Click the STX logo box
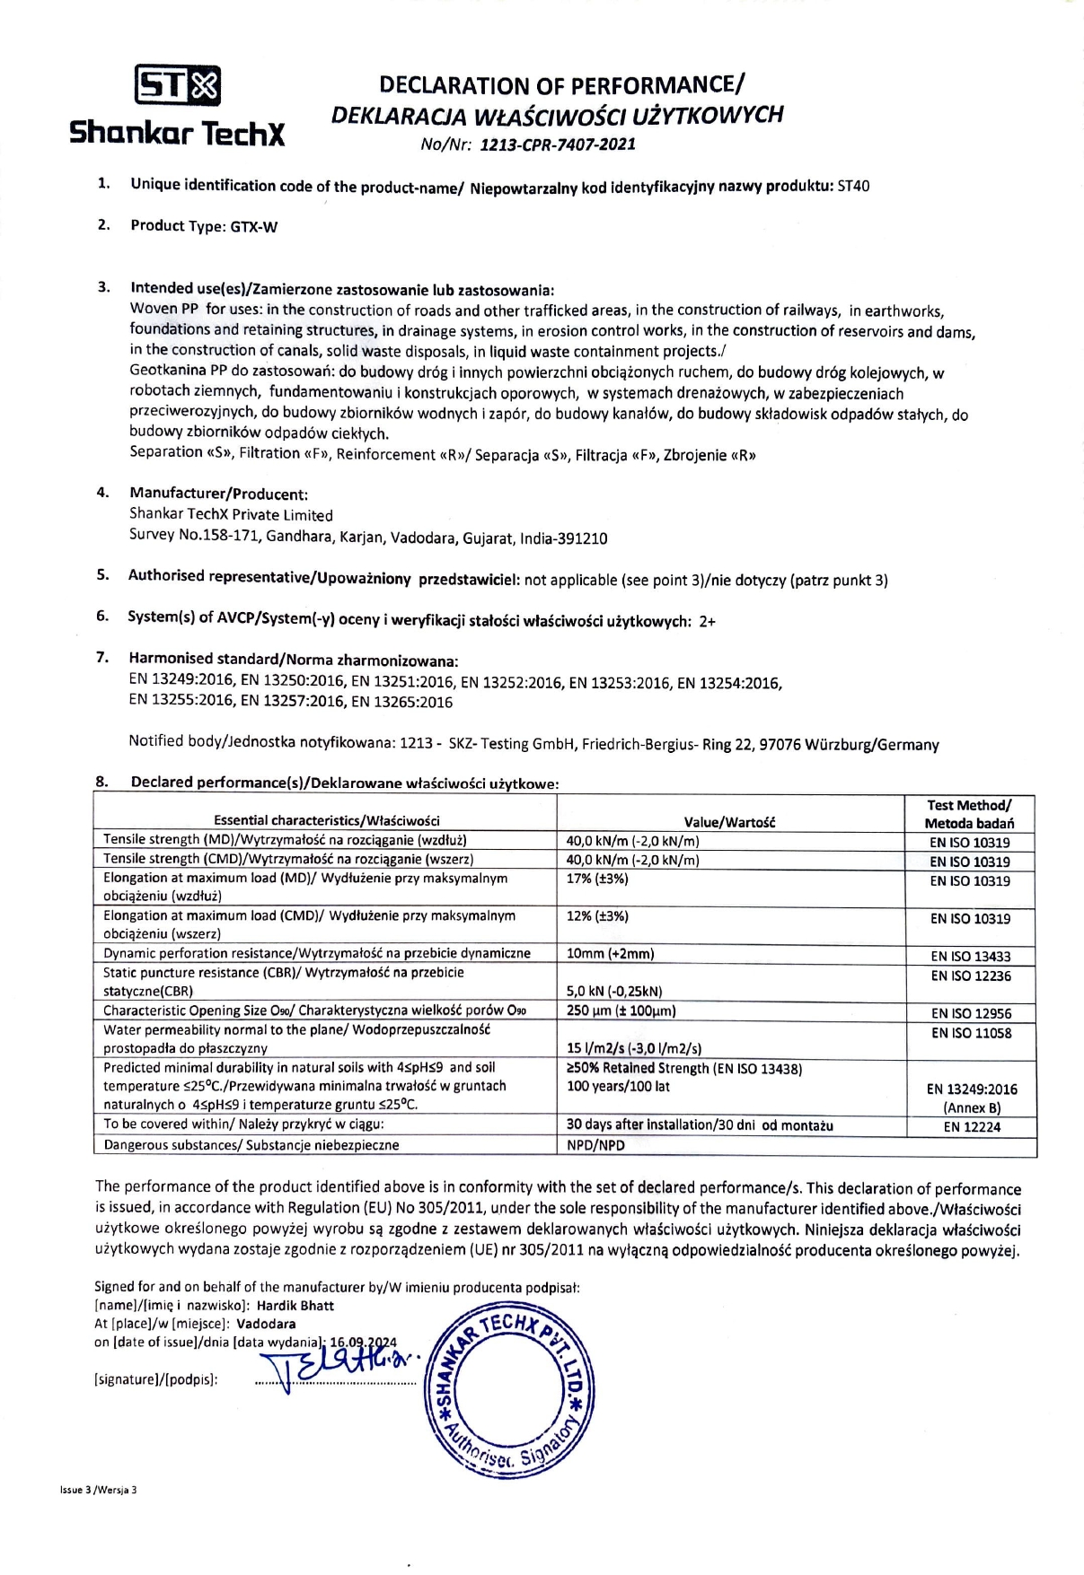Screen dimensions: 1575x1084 point(178,86)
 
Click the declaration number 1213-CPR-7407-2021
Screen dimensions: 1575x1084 point(558,144)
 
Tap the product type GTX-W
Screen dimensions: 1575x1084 point(254,227)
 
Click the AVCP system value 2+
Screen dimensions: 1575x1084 point(707,621)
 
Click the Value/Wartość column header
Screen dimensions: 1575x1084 point(729,821)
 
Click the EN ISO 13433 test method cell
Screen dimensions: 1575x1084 point(970,957)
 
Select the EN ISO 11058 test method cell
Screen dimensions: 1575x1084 point(971,1034)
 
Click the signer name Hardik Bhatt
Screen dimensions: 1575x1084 point(295,1306)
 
